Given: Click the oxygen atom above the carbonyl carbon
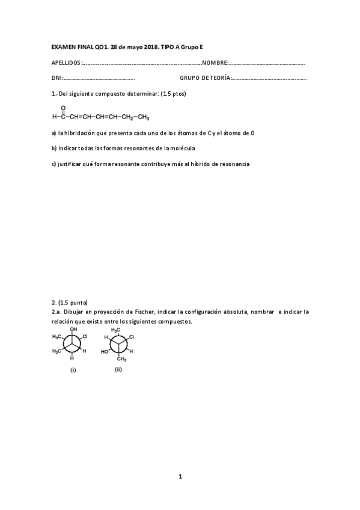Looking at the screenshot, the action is (63, 108).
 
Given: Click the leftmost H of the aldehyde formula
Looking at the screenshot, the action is (54, 117).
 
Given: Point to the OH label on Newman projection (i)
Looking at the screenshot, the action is (73, 330).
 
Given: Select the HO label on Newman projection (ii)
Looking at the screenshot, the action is (105, 351).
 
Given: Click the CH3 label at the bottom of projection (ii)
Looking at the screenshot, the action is (121, 359).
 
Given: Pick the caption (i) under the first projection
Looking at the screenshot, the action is (73, 370).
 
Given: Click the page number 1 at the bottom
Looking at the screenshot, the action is (180, 476).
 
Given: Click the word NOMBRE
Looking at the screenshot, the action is (215, 63).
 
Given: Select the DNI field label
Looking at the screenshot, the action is (56, 78).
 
